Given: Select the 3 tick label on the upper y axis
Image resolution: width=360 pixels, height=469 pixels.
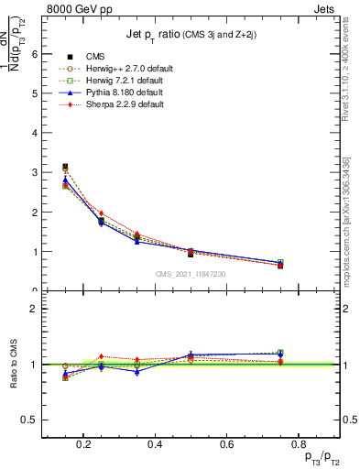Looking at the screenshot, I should click(x=34, y=172).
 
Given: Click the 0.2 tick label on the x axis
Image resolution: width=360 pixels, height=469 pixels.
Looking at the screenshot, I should click(x=83, y=446).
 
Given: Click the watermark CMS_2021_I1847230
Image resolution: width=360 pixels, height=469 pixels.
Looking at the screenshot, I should click(x=191, y=274).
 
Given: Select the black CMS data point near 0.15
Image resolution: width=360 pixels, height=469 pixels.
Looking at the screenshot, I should click(x=65, y=167).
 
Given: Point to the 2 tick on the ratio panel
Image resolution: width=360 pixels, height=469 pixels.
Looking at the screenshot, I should click(x=34, y=309).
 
